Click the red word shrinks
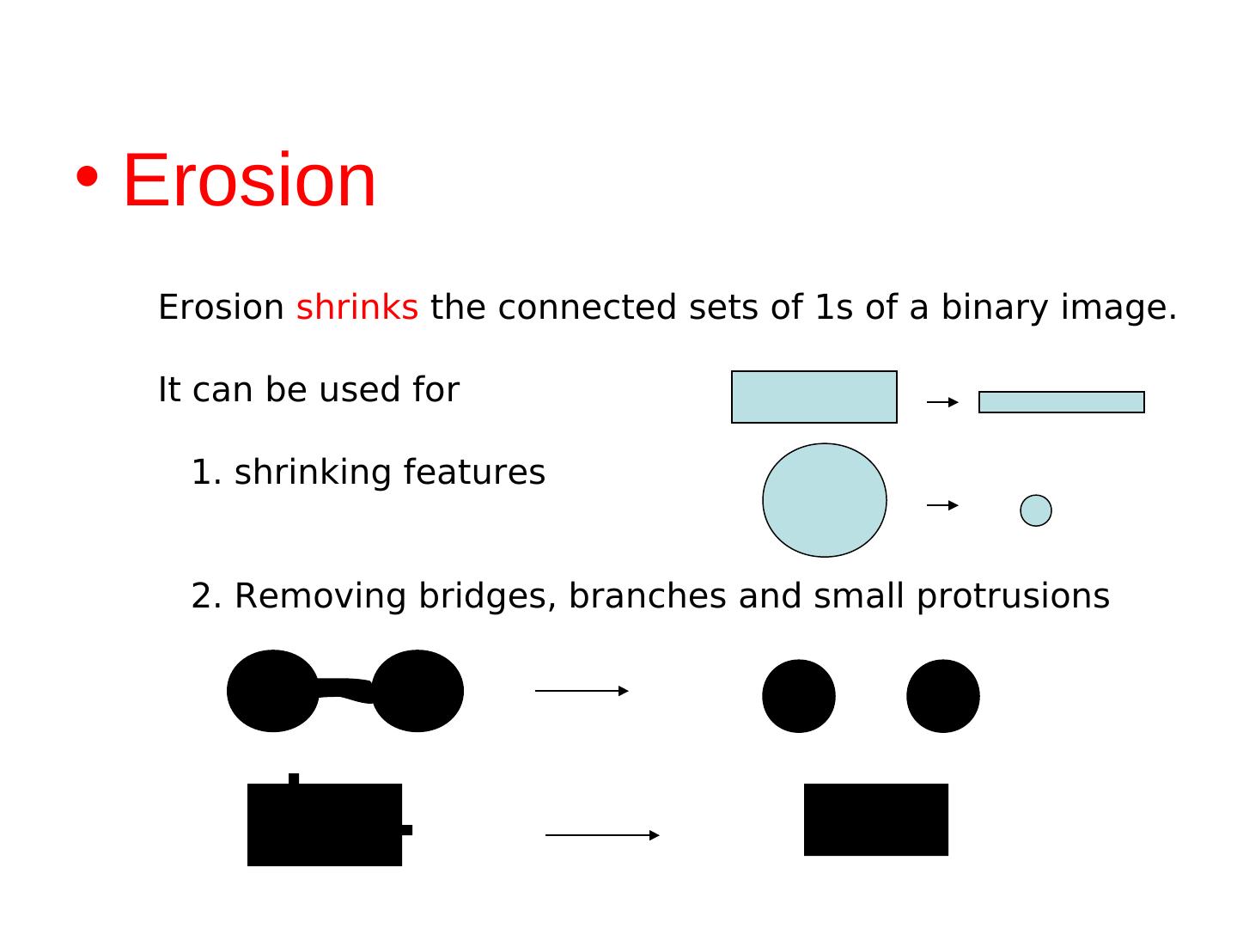click(x=356, y=308)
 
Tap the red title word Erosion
click(x=249, y=180)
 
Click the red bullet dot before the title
click(x=87, y=177)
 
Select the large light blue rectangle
click(x=813, y=397)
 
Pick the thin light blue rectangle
click(x=1061, y=402)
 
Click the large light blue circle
click(x=824, y=500)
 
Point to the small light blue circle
click(x=1035, y=510)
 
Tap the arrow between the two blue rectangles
click(x=942, y=402)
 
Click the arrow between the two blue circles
click(x=942, y=505)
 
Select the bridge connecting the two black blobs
click(x=344, y=689)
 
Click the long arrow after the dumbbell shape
click(x=582, y=691)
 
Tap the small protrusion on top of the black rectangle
click(x=294, y=778)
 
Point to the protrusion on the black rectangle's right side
click(x=407, y=830)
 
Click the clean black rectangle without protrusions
click(x=875, y=820)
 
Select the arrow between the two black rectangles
click(x=602, y=835)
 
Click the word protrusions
click(x=1013, y=596)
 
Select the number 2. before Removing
click(x=206, y=596)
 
